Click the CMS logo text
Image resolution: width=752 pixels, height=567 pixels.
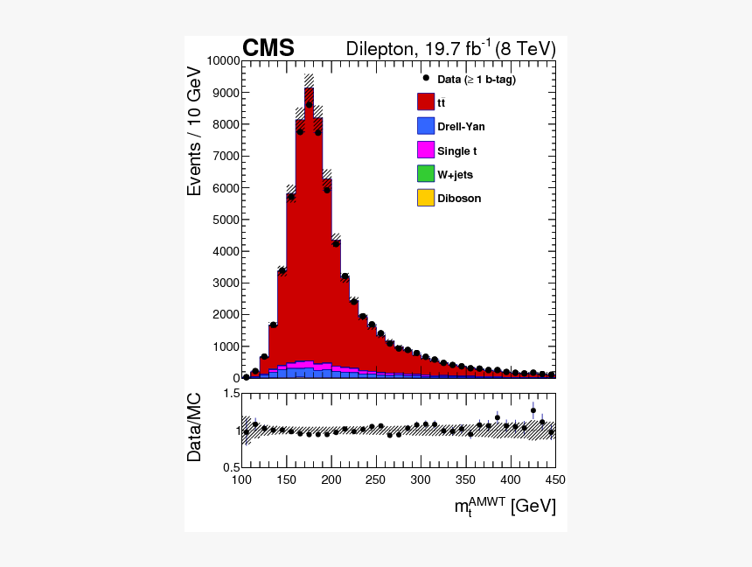click(x=268, y=48)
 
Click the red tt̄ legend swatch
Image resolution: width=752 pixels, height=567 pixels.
click(x=426, y=101)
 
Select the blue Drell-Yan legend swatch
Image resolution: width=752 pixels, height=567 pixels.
click(x=426, y=126)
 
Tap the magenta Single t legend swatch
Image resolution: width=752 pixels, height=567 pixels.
click(x=426, y=150)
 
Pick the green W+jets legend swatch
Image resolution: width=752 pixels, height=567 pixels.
click(x=426, y=174)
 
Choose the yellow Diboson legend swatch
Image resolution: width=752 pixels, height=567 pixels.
click(x=426, y=198)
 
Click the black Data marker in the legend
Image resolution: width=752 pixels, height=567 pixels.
click(x=426, y=78)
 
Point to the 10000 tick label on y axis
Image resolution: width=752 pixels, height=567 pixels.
click(x=223, y=61)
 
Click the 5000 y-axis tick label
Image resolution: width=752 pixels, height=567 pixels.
click(x=226, y=220)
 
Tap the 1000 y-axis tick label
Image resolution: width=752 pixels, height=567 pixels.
click(x=226, y=346)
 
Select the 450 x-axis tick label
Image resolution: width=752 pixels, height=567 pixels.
click(x=555, y=479)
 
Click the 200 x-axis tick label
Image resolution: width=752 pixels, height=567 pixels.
click(x=331, y=479)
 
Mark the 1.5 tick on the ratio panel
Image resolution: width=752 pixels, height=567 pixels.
click(x=231, y=395)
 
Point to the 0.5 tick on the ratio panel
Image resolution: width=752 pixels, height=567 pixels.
click(x=231, y=466)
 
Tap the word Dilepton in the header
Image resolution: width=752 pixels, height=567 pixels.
click(x=380, y=49)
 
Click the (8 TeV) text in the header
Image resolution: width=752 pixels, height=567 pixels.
click(x=525, y=49)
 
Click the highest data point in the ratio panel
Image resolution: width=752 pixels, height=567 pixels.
click(x=533, y=410)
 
